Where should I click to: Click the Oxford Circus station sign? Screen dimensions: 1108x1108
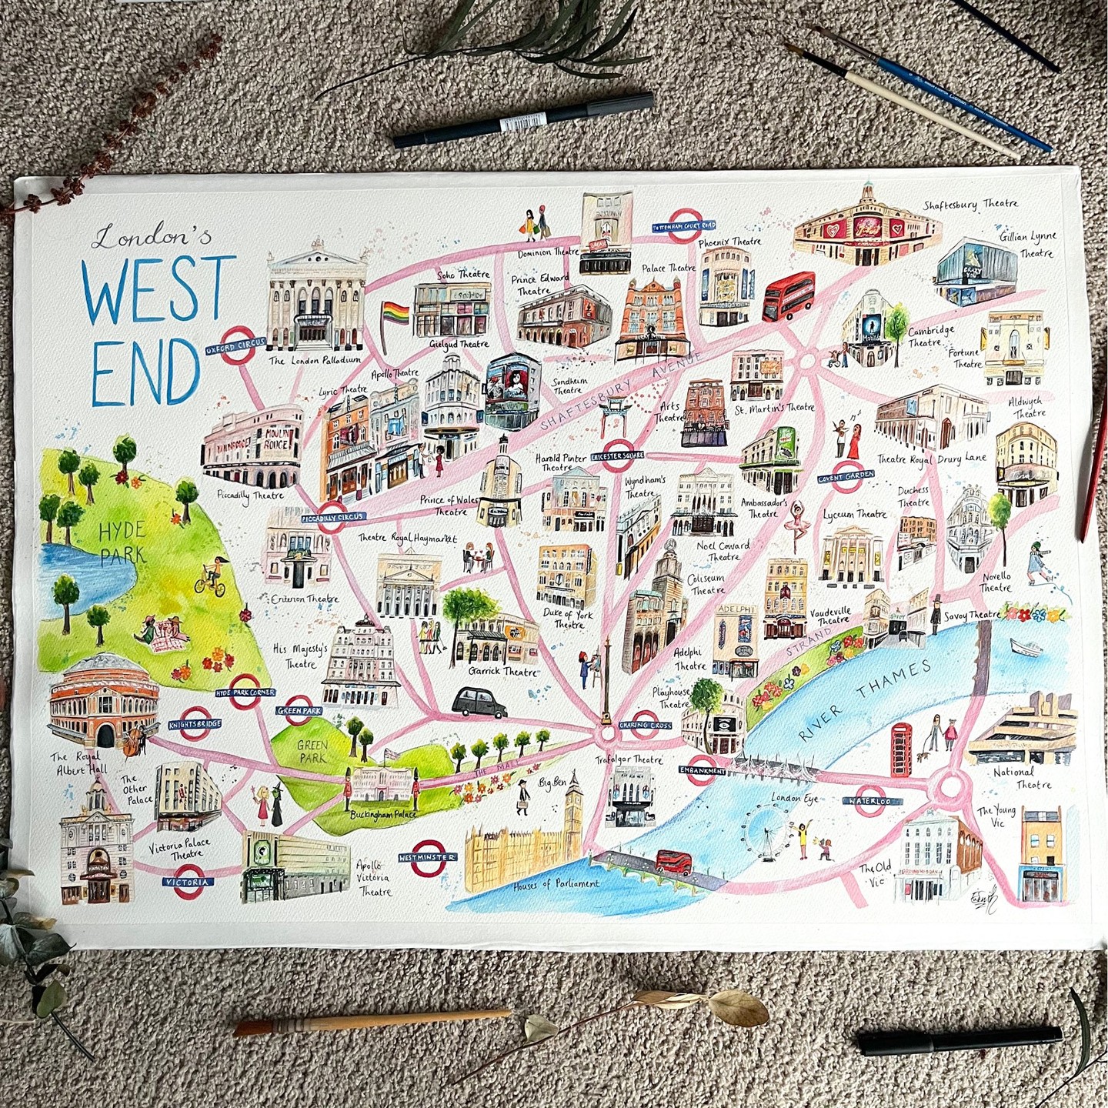pos(235,345)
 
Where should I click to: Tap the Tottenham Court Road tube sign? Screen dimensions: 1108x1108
pos(684,225)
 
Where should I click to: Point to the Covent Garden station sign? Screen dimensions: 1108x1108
pos(846,475)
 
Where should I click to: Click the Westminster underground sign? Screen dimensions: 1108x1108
pos(427,856)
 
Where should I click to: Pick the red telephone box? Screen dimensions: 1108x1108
pos(903,750)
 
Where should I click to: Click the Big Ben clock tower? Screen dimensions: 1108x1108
pos(573,808)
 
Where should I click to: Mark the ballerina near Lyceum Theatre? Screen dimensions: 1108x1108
pos(793,526)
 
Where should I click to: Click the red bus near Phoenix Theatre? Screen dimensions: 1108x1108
pos(789,296)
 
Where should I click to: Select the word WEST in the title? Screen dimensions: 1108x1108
pos(159,291)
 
